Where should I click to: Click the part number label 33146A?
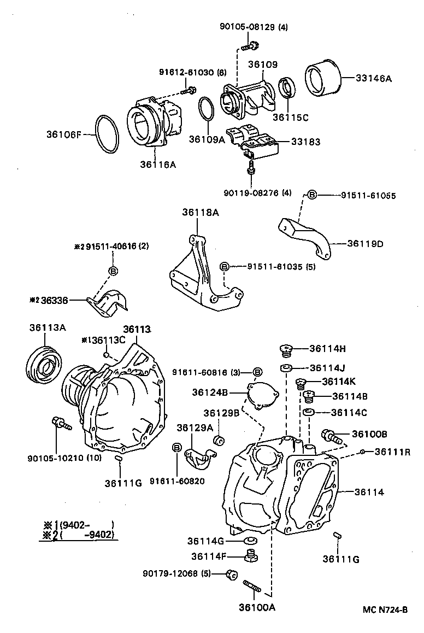click(x=374, y=79)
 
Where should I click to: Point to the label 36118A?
click(x=201, y=214)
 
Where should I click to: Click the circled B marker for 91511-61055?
click(x=311, y=195)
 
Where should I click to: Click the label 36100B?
click(x=369, y=434)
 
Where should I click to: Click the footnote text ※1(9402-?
click(x=78, y=525)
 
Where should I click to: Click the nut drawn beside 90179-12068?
click(x=231, y=574)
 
